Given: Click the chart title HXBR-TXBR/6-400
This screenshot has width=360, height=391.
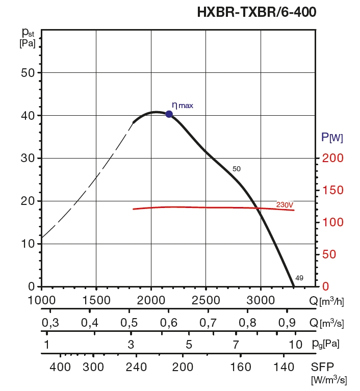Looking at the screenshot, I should pyautogui.click(x=256, y=12).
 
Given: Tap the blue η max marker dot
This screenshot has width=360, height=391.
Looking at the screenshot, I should pyautogui.click(x=169, y=114).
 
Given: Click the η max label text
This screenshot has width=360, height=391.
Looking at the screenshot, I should pyautogui.click(x=182, y=106).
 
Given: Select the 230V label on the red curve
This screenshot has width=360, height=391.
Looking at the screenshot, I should pyautogui.click(x=285, y=204).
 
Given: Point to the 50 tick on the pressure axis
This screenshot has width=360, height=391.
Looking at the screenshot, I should pyautogui.click(x=28, y=72).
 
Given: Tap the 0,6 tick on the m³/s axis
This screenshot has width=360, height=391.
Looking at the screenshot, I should pyautogui.click(x=169, y=323).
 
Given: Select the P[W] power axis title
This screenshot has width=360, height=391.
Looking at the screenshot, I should pyautogui.click(x=331, y=137).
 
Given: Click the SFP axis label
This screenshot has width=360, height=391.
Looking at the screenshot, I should pyautogui.click(x=323, y=367).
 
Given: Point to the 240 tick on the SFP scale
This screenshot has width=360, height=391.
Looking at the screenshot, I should pyautogui.click(x=137, y=367).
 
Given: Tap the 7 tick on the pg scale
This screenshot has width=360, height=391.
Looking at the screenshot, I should pyautogui.click(x=236, y=344).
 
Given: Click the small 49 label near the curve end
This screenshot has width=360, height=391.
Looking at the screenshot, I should pyautogui.click(x=299, y=278).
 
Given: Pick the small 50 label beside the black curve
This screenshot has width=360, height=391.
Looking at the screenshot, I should pyautogui.click(x=236, y=169).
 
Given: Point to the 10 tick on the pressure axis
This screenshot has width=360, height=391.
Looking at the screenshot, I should pyautogui.click(x=28, y=244).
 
